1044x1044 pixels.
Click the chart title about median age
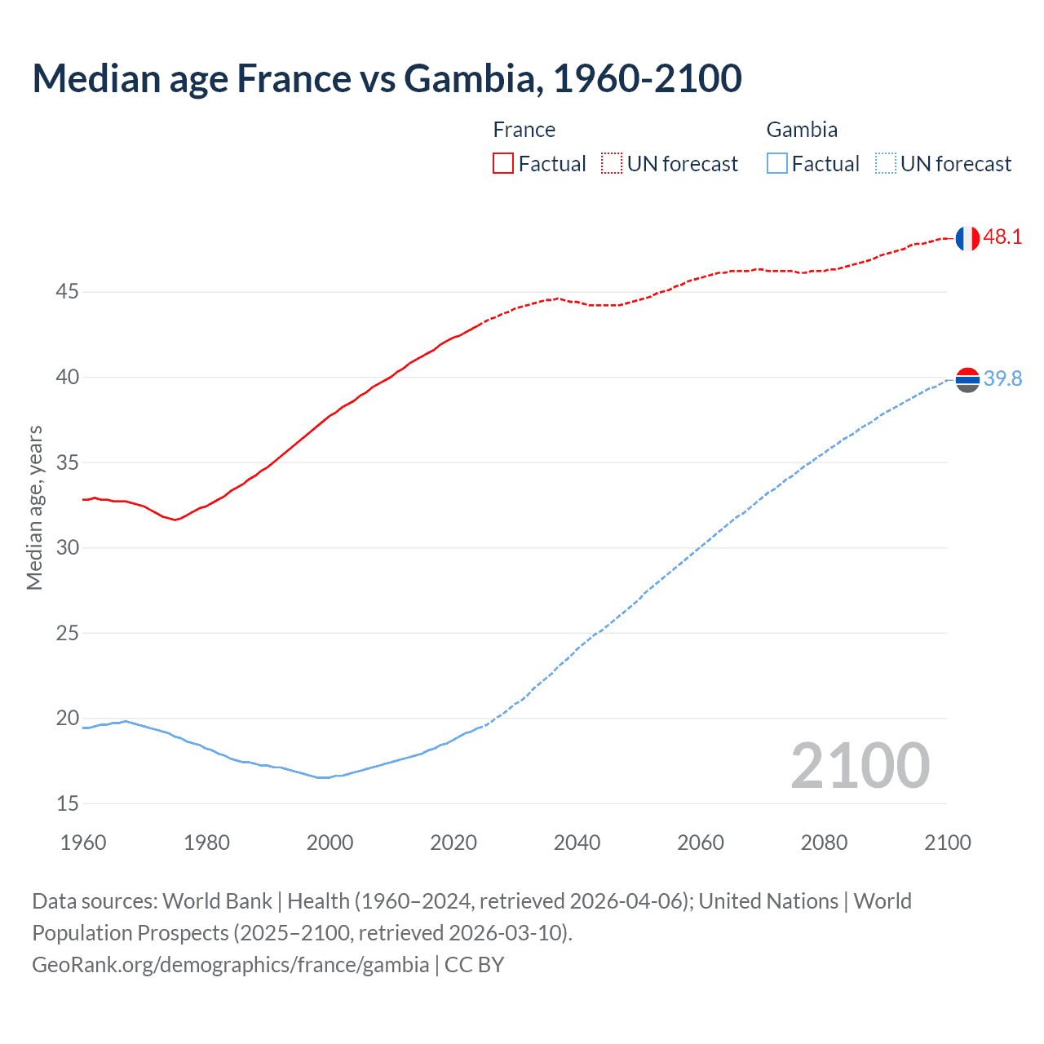(387, 78)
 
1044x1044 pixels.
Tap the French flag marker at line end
(967, 238)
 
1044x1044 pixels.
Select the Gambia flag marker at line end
(967, 379)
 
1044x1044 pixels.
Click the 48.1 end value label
(1002, 237)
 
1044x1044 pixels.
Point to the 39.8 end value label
(1002, 378)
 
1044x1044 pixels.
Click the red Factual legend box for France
(503, 163)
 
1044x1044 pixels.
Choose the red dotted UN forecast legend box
(612, 163)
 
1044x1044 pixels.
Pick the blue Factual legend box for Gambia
(777, 163)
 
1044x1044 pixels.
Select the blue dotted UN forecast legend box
(885, 163)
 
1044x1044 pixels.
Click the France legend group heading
(524, 130)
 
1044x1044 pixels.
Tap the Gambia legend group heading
(802, 130)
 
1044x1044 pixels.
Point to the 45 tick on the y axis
(68, 292)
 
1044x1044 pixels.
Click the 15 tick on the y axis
(68, 803)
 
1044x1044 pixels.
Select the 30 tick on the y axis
(68, 547)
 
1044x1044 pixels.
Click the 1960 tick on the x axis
(83, 843)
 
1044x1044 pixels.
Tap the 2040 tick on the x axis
(577, 843)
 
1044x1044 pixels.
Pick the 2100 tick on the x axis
(947, 843)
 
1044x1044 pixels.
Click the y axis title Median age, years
(34, 507)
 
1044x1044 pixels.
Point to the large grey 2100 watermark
(860, 765)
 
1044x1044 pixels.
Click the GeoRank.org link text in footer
(230, 965)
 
